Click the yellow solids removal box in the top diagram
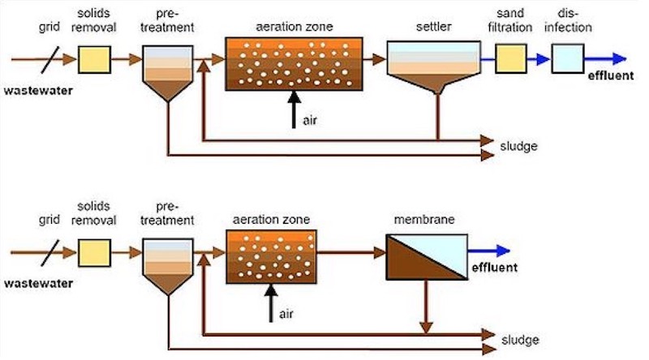pyautogui.click(x=95, y=59)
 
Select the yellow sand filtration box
pyautogui.click(x=511, y=59)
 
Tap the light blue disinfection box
pyautogui.click(x=567, y=59)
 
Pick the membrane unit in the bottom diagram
pyautogui.click(x=427, y=253)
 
